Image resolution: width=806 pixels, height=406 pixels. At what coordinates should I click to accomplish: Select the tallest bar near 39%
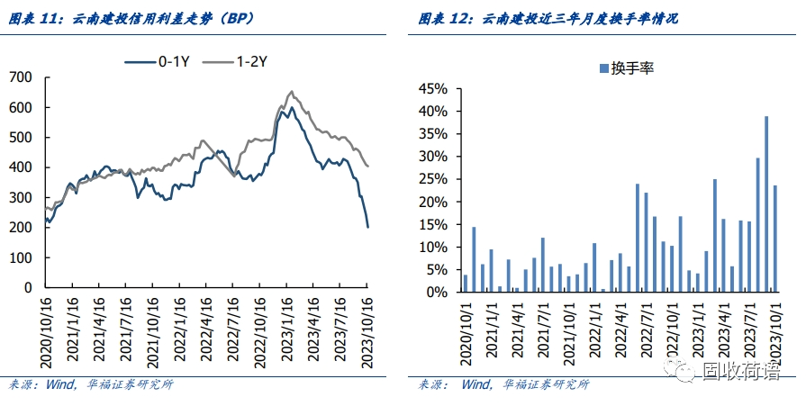[x=766, y=204]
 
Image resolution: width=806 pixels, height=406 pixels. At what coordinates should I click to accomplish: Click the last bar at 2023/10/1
[x=775, y=239]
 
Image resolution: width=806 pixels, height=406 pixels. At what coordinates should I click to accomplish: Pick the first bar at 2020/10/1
[x=466, y=284]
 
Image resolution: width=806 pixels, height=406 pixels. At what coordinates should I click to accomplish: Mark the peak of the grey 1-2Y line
[x=291, y=91]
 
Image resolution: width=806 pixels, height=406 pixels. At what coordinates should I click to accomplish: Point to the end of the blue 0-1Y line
[x=367, y=226]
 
